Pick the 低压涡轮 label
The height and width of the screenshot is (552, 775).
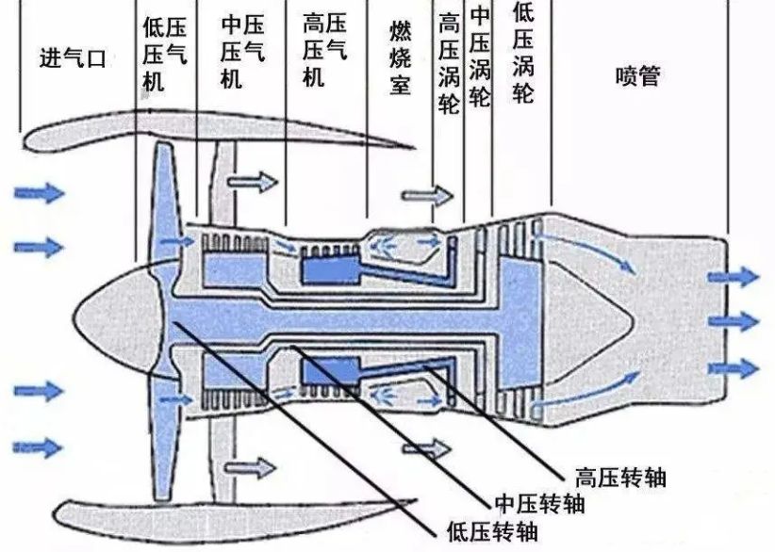[x=523, y=53]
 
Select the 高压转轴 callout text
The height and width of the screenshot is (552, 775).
[x=619, y=478]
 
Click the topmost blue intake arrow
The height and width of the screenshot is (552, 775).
[x=40, y=194]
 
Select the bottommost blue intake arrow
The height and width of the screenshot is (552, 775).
[x=40, y=445]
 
